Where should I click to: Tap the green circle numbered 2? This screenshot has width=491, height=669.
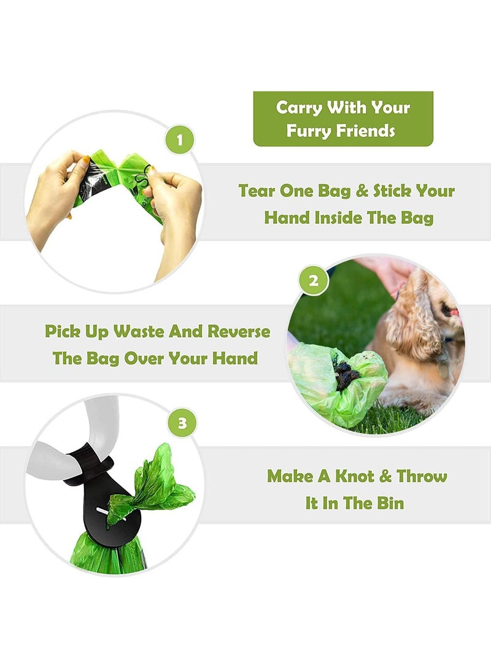314,281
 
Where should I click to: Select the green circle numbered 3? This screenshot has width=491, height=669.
182,422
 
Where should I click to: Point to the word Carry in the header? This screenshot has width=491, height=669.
299,107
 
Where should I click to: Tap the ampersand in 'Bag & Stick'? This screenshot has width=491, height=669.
362,191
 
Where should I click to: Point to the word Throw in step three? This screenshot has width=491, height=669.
422,476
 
